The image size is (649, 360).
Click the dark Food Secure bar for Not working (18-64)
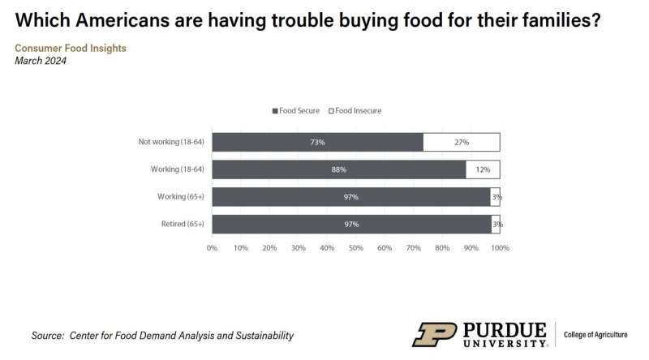tap(317, 142)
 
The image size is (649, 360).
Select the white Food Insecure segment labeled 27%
tap(461, 142)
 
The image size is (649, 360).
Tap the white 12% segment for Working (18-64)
tap(483, 169)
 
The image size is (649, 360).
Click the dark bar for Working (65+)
tap(351, 197)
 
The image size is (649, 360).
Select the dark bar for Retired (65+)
tap(351, 224)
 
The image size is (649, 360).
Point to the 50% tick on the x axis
tap(356, 246)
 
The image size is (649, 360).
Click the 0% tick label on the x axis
tap(213, 246)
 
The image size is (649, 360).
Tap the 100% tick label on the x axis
tap(500, 246)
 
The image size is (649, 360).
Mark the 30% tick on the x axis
tap(299, 246)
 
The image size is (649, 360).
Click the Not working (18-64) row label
tap(171, 142)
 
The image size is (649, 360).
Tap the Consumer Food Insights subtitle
tap(71, 48)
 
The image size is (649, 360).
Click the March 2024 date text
tap(41, 60)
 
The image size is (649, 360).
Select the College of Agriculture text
tap(602, 334)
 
